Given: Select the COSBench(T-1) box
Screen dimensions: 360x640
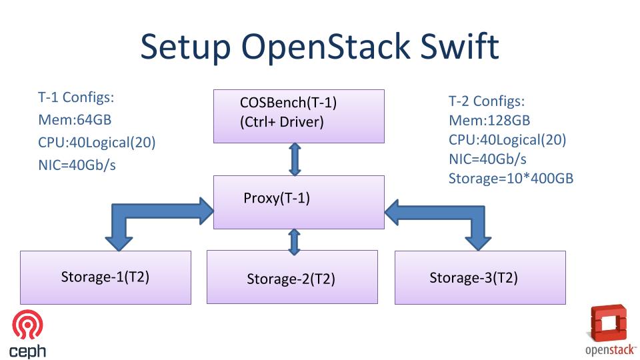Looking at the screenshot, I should coord(299,116).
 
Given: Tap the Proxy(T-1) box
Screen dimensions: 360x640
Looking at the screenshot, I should coord(299,201).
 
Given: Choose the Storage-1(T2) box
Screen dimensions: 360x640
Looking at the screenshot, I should coord(105,277).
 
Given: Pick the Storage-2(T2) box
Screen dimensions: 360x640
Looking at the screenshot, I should coord(292,277).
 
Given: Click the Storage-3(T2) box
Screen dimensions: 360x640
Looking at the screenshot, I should coord(480,277).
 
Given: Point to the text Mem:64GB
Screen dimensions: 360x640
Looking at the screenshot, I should coord(75,120).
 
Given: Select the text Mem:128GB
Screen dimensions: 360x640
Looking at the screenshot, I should coord(489,121).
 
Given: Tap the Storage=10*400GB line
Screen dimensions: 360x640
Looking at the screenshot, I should coord(511,178).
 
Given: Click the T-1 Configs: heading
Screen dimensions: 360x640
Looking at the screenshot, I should coord(76,97).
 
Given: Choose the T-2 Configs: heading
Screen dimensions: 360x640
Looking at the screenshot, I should coord(487,102).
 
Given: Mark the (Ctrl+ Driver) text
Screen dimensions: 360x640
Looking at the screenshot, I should coord(281,122).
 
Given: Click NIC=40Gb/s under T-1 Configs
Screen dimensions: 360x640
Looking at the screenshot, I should coord(77,165).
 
